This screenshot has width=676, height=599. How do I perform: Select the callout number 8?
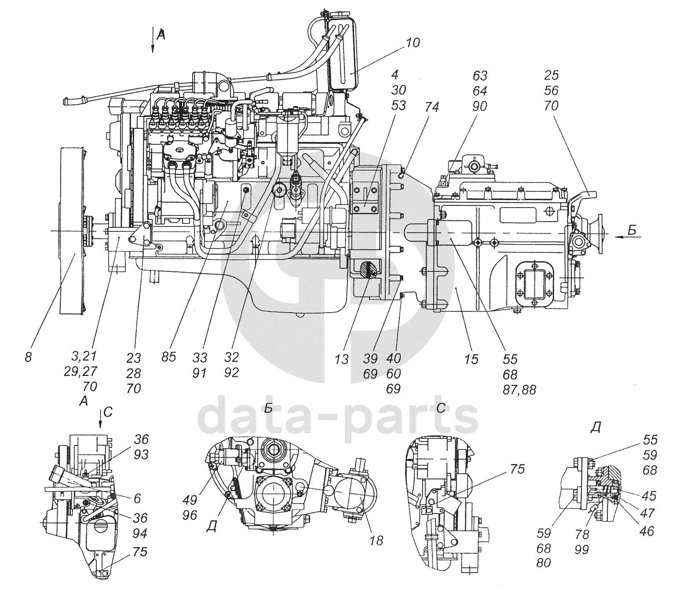coord(28,358)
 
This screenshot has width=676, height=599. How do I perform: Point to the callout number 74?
coord(431,107)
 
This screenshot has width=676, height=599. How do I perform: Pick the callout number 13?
coord(342,359)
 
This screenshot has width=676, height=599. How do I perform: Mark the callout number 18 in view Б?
coord(376,541)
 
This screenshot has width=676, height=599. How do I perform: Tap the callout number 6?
coord(137,499)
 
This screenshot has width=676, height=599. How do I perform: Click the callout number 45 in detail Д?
coord(649,496)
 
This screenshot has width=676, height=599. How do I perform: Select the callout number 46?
coord(646,531)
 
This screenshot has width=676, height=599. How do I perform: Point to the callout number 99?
coord(581,550)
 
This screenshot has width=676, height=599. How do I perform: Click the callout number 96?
coord(190,515)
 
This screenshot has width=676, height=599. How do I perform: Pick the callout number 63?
coord(480,76)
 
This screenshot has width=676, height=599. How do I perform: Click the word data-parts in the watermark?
coord(338,419)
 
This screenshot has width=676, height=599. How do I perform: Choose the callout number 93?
coord(141,454)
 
